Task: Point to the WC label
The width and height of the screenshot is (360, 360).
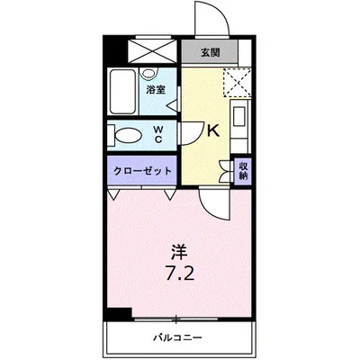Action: tap(158, 135)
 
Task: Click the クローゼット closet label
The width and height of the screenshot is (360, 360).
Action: tap(142, 170)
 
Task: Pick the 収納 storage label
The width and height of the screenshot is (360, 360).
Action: tap(242, 170)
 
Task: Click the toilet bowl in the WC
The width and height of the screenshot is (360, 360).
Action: tap(126, 136)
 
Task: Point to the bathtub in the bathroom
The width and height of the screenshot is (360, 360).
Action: tap(122, 90)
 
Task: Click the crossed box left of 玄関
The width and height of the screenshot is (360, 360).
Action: tap(155, 49)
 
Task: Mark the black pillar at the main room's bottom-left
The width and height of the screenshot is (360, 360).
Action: tap(116, 313)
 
